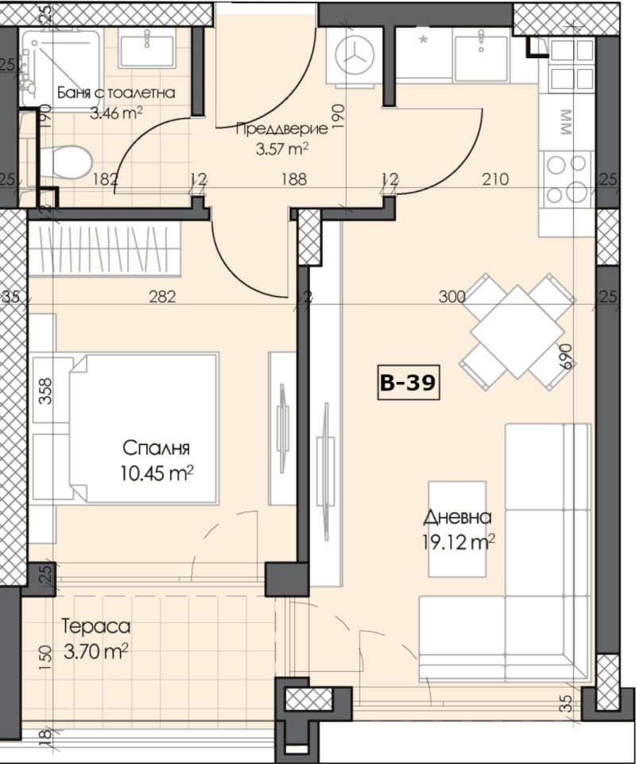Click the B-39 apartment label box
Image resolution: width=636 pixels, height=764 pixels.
click(x=409, y=383)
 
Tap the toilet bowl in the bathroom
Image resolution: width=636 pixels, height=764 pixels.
click(x=66, y=162)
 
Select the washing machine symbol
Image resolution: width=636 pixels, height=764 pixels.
click(x=355, y=56)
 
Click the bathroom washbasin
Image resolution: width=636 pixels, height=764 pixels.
click(x=147, y=47)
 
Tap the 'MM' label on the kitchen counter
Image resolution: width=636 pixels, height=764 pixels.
click(x=566, y=123)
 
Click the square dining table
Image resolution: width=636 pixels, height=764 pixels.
click(x=518, y=332)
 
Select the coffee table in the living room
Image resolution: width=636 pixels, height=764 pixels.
click(x=457, y=528)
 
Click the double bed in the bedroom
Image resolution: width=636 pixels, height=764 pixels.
click(x=144, y=428)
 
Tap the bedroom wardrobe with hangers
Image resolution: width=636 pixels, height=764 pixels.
click(x=104, y=249)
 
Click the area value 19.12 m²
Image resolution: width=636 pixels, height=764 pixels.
click(x=459, y=542)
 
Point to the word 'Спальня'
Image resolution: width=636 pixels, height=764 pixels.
click(x=156, y=448)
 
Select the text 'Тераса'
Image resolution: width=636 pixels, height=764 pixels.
click(x=96, y=626)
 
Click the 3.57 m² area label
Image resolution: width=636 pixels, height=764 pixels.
click(x=282, y=148)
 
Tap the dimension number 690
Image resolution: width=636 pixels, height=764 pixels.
click(x=564, y=357)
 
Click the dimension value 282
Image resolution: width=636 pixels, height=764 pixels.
click(x=162, y=296)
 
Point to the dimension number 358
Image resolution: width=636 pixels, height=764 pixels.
click(x=45, y=392)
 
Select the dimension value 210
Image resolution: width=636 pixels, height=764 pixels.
click(x=495, y=179)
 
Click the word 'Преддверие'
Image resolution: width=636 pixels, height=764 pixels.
click(x=281, y=129)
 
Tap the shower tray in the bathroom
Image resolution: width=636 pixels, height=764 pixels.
click(x=61, y=67)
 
